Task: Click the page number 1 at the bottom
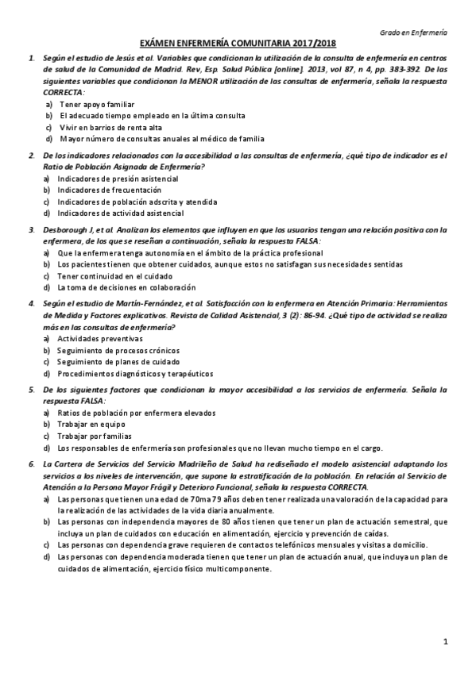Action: (446, 640)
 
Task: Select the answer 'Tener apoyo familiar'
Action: (96, 104)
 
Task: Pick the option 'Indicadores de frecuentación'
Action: (109, 190)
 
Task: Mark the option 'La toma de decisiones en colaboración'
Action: (126, 287)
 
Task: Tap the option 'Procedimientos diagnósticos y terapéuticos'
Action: (135, 373)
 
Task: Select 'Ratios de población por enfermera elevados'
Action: (131, 413)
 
